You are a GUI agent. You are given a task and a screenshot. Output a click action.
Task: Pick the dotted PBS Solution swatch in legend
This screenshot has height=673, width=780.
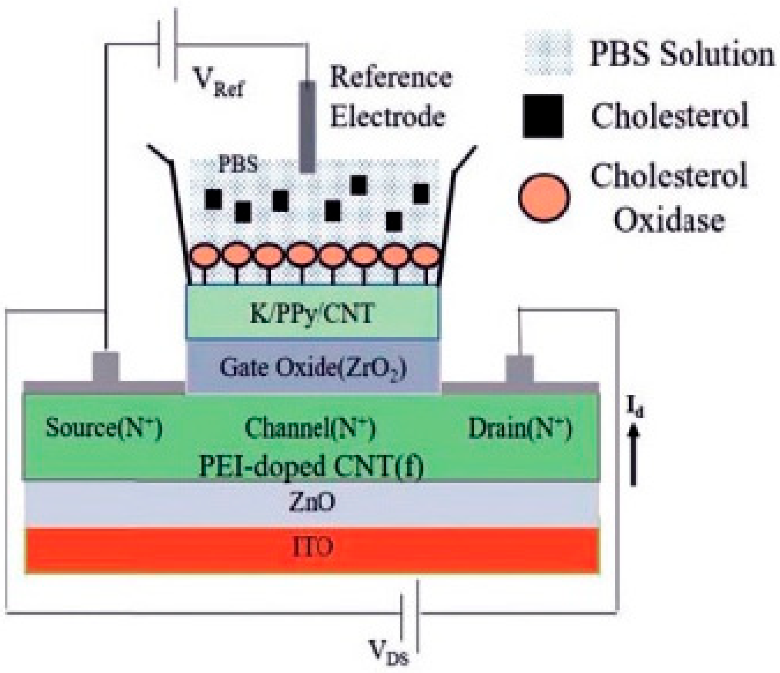click(549, 53)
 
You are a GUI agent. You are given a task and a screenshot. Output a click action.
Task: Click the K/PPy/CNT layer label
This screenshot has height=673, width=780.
click(312, 314)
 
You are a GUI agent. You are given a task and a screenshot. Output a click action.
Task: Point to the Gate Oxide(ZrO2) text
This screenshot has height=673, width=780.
click(313, 367)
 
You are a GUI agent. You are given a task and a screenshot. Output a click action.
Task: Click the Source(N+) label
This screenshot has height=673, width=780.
click(104, 428)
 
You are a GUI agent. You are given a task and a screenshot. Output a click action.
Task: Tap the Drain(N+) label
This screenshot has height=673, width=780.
click(520, 428)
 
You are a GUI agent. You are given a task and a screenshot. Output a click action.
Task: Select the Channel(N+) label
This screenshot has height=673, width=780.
click(310, 428)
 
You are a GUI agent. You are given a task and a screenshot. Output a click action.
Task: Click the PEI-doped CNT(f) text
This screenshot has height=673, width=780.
click(311, 466)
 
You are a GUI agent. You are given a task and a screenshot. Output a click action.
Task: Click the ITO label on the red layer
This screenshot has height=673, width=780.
click(313, 547)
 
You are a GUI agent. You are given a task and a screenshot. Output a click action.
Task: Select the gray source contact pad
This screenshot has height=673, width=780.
click(106, 367)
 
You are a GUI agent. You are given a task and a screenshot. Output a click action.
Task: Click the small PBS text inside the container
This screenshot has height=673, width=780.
click(238, 165)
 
